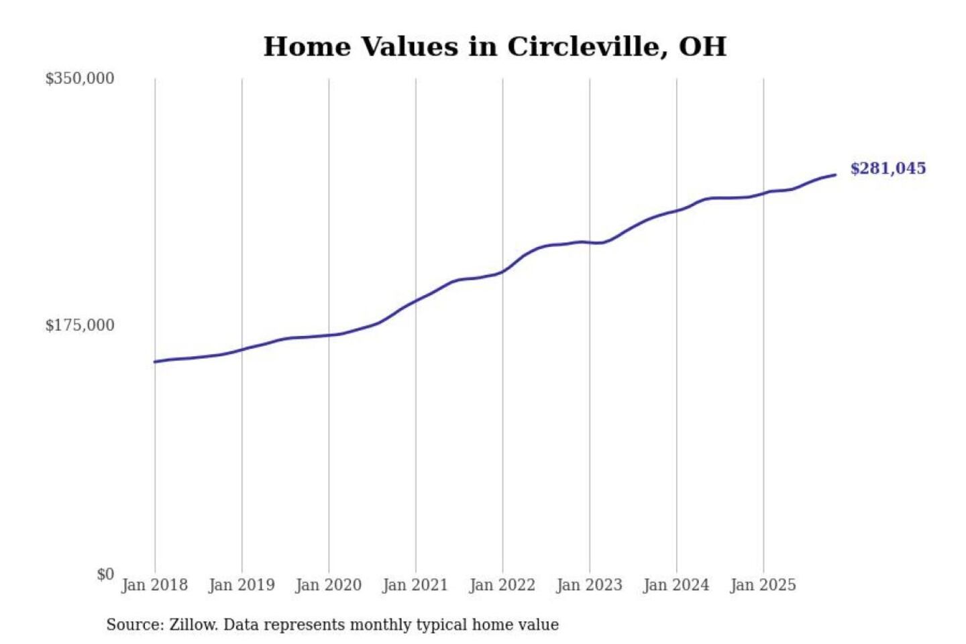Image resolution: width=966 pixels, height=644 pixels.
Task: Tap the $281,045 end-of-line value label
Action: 888,168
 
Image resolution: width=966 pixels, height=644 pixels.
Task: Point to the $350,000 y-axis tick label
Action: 80,78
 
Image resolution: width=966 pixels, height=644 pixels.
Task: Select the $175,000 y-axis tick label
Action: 80,325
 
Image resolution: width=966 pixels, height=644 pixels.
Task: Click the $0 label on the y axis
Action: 105,574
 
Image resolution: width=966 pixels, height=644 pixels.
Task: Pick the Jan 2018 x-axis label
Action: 154,585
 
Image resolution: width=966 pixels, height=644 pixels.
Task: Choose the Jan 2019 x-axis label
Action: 241,585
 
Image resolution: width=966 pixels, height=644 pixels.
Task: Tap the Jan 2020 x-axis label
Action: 328,585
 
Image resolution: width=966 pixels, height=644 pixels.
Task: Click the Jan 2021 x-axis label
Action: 415,585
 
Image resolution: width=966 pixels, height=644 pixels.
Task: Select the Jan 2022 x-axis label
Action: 502,585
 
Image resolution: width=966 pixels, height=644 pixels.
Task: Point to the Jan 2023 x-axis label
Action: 589,585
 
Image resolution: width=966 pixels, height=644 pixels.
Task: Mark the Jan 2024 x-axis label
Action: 676,585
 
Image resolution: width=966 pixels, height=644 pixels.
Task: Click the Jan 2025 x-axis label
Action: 763,585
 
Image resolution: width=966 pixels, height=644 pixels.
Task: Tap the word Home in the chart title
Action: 307,47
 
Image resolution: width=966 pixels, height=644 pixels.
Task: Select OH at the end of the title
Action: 702,47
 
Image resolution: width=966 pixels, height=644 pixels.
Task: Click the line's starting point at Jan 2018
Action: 155,362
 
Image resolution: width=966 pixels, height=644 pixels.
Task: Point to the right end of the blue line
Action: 835,175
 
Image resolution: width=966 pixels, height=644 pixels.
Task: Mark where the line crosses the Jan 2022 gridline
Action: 502,272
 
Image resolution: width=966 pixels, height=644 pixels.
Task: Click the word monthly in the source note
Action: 380,625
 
